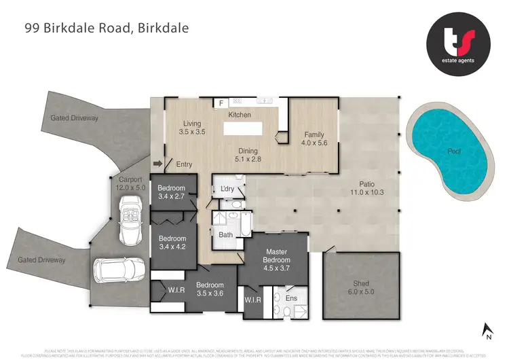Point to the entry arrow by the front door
pyautogui.click(x=159, y=163)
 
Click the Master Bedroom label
pyautogui.click(x=277, y=256)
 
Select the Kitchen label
pyautogui.click(x=240, y=115)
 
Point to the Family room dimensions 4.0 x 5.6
pyautogui.click(x=314, y=143)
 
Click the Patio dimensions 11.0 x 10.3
pyautogui.click(x=367, y=192)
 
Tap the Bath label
pyautogui.click(x=225, y=235)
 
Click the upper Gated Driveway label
pyautogui.click(x=75, y=118)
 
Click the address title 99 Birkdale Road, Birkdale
pyautogui.click(x=107, y=28)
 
